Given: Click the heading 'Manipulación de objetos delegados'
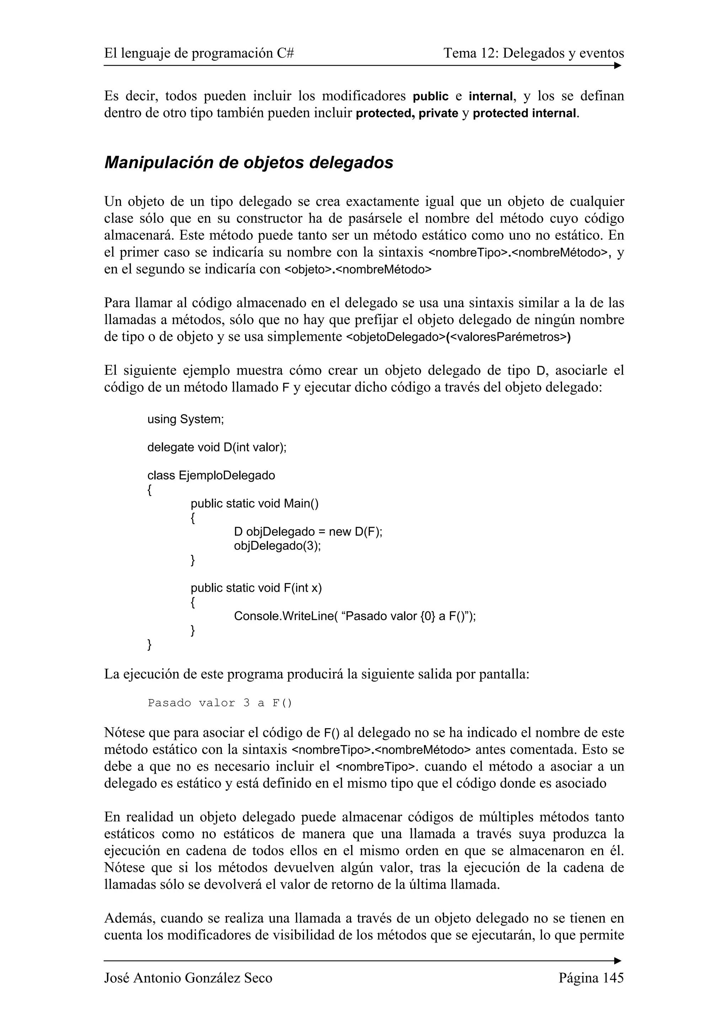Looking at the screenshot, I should click(x=248, y=162).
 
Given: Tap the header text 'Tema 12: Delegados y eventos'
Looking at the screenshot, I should click(x=533, y=53).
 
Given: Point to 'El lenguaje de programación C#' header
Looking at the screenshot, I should click(x=199, y=53).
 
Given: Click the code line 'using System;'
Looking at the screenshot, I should click(x=185, y=419).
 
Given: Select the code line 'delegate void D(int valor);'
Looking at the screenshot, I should click(x=216, y=447).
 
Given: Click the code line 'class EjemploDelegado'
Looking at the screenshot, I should click(x=211, y=475).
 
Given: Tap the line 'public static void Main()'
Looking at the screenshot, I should click(x=254, y=503).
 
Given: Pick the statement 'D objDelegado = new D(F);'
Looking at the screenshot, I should click(x=308, y=532).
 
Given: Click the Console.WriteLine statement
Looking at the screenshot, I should click(x=354, y=616).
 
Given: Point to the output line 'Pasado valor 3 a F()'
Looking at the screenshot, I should click(x=220, y=703).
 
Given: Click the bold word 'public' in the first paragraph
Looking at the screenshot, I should click(x=430, y=96).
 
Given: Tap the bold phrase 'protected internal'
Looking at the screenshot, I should click(x=524, y=113).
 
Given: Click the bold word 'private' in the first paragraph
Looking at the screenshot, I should click(x=438, y=113).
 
